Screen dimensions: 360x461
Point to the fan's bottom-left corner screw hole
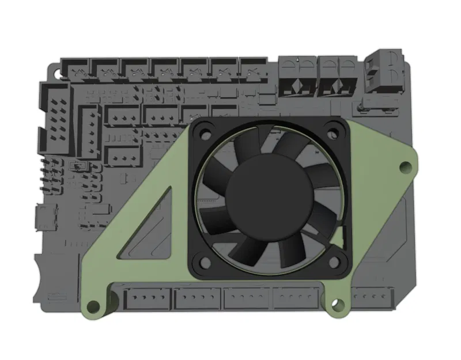[x=203, y=262]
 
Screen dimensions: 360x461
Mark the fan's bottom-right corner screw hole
[x=337, y=262]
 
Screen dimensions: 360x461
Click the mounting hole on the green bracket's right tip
[x=406, y=168]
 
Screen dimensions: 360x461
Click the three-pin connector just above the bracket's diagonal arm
[x=124, y=156]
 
